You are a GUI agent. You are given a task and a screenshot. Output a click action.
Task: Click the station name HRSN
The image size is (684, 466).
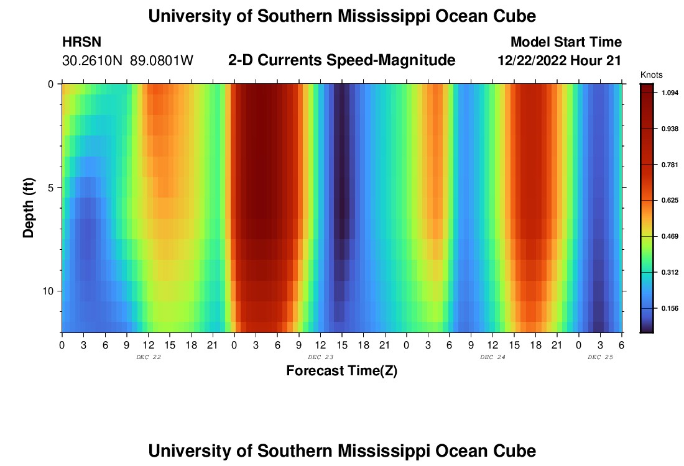81,42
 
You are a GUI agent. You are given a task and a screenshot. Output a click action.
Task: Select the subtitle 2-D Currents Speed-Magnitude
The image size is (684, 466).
341,60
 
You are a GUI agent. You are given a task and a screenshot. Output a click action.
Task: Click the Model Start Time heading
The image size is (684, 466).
565,42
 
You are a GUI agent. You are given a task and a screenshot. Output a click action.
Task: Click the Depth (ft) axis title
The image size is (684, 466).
29,208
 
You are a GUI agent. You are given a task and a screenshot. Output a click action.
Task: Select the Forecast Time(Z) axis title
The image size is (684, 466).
341,371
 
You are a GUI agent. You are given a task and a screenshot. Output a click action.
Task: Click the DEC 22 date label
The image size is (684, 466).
148,357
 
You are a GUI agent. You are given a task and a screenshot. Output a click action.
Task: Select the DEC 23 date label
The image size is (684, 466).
320,357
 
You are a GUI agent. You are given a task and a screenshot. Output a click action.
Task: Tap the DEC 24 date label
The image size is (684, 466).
492,357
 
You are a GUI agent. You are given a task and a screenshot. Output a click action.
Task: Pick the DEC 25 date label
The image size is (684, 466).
600,357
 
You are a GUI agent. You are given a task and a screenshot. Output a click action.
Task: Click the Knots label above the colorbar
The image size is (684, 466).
651,75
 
